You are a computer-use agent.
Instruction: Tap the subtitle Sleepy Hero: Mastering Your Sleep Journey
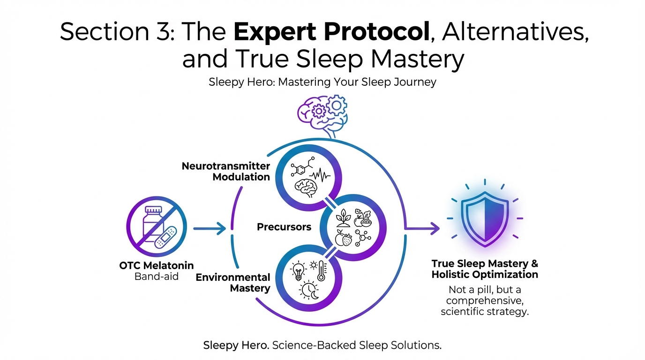(x=322, y=82)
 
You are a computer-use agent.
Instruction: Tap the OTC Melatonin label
(x=157, y=266)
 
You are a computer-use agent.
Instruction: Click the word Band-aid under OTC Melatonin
(x=157, y=277)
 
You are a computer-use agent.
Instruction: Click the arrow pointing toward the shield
(x=424, y=228)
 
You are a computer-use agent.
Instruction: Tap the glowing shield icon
(x=484, y=218)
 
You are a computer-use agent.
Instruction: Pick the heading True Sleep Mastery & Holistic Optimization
(x=485, y=269)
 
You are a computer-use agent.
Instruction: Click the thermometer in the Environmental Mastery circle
(x=321, y=271)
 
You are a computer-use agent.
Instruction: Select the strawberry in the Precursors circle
(x=347, y=240)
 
